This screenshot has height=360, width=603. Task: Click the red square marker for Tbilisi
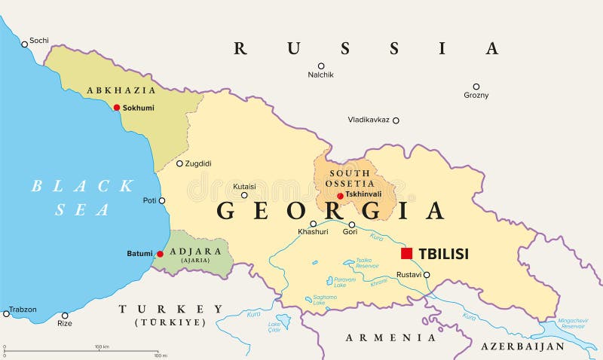pos(406,253)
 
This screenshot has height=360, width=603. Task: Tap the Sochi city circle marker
pos(24,44)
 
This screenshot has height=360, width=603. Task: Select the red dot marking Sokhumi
pos(116,108)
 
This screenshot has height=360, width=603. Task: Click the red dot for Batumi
pos(160,254)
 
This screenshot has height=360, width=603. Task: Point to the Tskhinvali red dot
pos(340,196)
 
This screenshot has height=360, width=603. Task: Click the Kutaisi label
pos(243,185)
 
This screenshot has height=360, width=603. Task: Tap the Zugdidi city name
pos(198,163)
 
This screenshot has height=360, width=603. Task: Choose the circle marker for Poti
pos(161,200)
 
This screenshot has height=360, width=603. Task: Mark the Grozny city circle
pos(476,87)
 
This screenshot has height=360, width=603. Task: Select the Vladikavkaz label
pos(369,120)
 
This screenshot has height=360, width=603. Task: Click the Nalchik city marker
pos(320,66)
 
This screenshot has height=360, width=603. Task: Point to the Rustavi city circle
pos(427,275)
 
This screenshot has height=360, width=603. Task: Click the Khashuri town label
pos(313,233)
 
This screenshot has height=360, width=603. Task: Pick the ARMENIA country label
pos(391,337)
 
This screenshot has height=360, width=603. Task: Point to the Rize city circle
pos(65,315)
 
